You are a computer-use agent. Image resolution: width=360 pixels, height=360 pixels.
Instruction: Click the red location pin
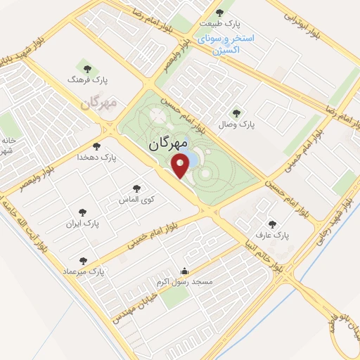coord(181,166)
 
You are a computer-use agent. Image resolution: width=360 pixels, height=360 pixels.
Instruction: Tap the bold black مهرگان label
coord(168,144)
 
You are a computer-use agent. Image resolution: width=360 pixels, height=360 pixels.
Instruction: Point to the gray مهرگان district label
coord(97,104)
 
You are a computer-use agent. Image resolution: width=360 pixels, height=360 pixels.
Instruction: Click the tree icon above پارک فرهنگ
coord(88,68)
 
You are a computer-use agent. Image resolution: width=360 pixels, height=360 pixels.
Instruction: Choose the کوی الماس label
coord(138,199)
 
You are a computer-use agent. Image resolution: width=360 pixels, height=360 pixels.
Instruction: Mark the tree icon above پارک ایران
coord(83,211)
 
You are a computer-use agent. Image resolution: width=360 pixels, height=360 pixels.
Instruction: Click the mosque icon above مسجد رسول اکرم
coord(185,271)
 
